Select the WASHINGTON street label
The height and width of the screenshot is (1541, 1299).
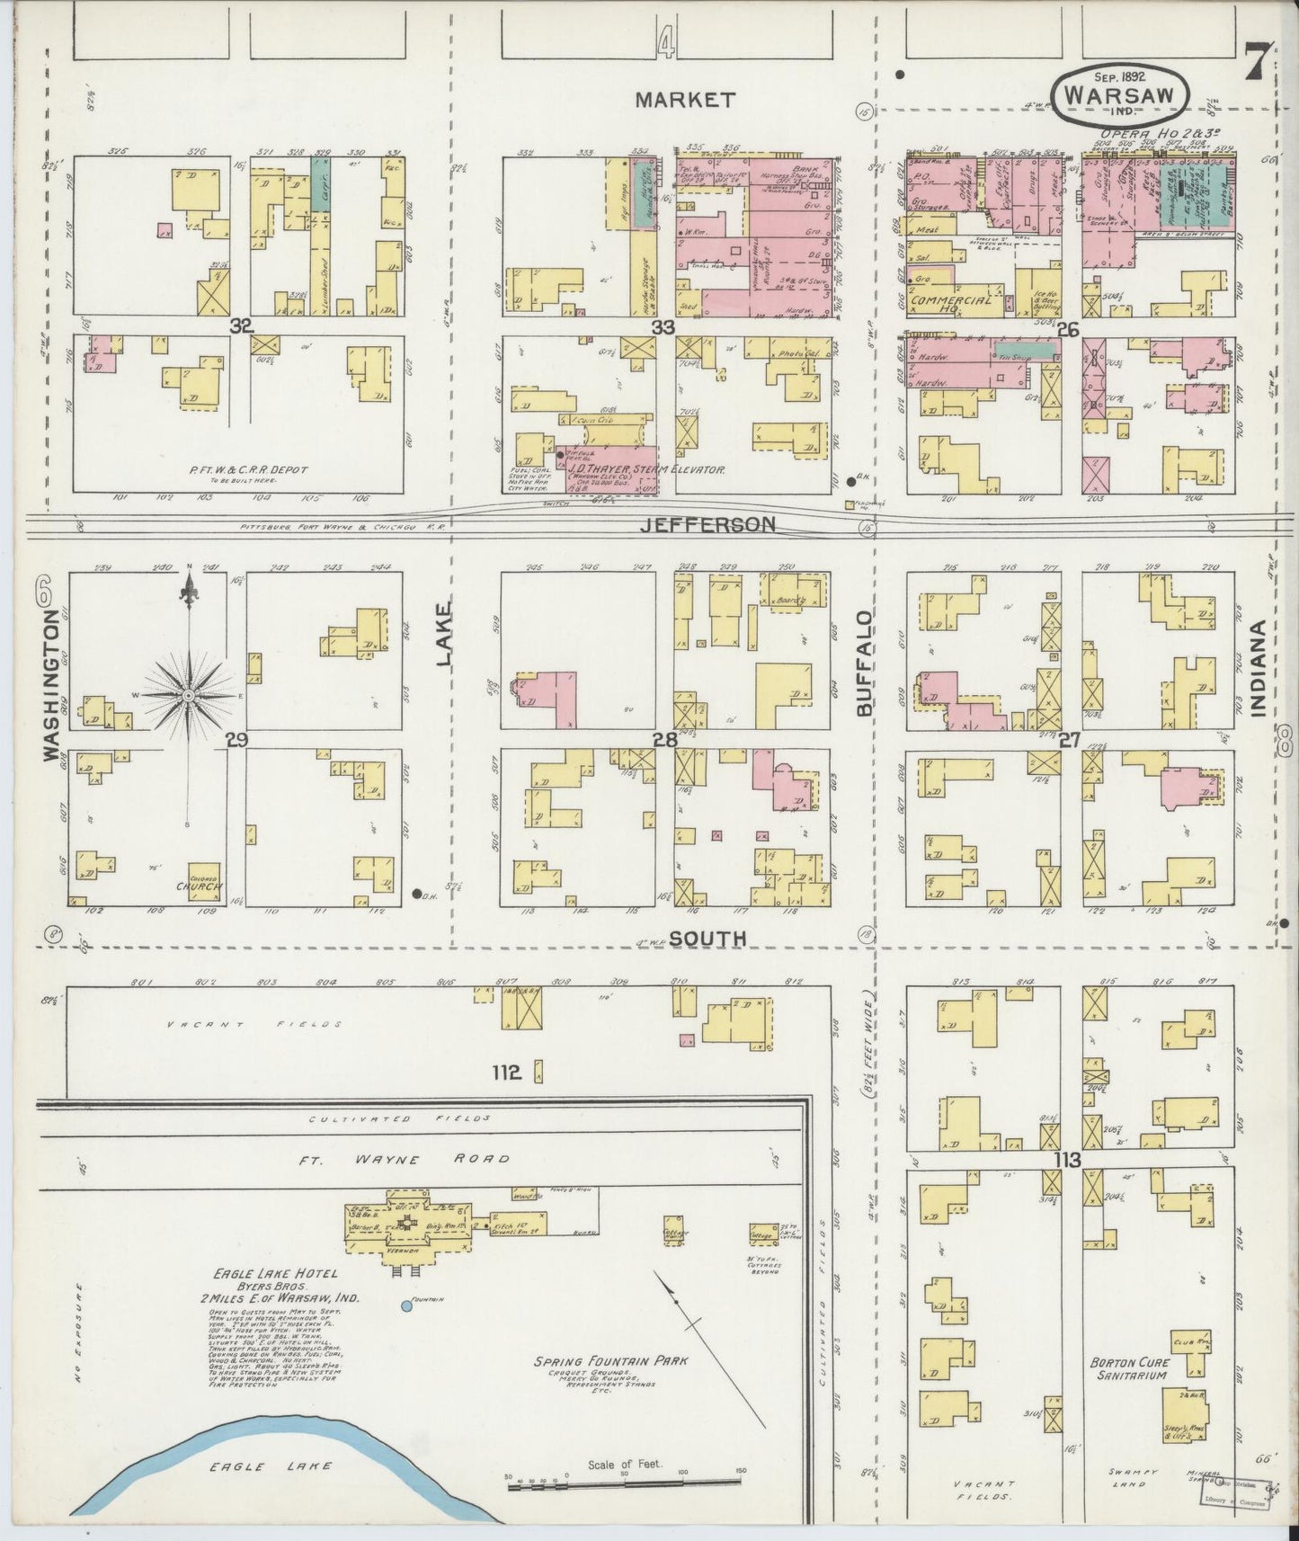coord(53,685)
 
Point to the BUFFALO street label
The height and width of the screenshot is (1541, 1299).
coord(865,664)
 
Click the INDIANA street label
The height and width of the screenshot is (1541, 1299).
coord(1258,668)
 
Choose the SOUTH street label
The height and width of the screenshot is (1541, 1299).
coord(707,938)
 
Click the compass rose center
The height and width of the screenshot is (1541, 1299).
coord(189,697)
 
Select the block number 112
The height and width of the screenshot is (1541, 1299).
coord(506,1072)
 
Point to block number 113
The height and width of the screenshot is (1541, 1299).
coord(1067,1160)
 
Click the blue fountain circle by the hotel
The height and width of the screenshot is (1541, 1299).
coord(406,1305)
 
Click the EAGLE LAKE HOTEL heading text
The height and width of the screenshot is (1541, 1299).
coord(275,1273)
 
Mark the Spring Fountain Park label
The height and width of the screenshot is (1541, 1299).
coord(610,1360)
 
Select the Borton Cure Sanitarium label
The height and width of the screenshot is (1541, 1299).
coord(1128,1368)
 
